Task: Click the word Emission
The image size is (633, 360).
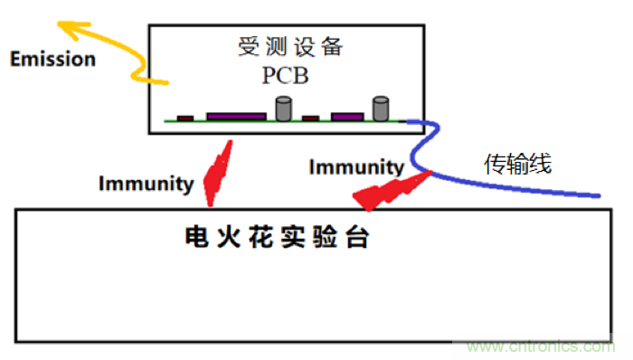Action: pos(52,60)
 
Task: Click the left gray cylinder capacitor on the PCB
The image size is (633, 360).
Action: pos(284,109)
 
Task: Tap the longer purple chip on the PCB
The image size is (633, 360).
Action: pos(236,116)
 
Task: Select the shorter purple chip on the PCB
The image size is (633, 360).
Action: pos(346,116)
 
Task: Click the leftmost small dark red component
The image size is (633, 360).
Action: pos(185,118)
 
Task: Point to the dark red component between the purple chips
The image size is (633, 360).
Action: pos(311,118)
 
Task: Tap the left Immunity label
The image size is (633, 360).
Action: pos(146,185)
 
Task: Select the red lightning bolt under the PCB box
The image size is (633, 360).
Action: pos(217,174)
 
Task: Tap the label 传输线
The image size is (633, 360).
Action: pos(517,164)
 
